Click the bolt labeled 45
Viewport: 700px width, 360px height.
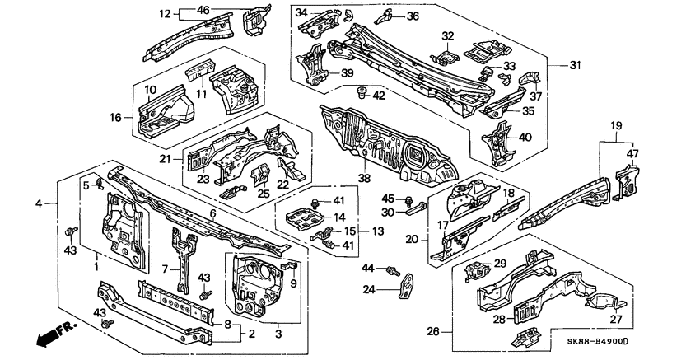point(409,199)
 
